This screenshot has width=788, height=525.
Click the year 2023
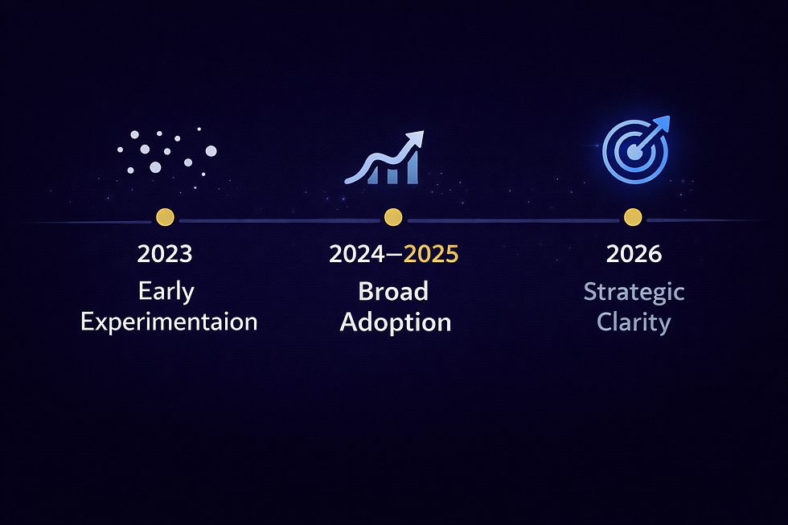pyautogui.click(x=165, y=254)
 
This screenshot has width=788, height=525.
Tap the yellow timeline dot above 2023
pyautogui.click(x=165, y=217)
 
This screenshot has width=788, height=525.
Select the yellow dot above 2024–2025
pyautogui.click(x=393, y=217)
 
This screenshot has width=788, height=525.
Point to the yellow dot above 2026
pyautogui.click(x=633, y=217)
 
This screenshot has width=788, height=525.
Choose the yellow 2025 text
pyautogui.click(x=431, y=254)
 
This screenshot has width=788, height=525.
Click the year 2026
pyautogui.click(x=634, y=254)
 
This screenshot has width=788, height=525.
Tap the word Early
pyautogui.click(x=166, y=291)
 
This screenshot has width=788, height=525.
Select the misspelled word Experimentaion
pyautogui.click(x=169, y=322)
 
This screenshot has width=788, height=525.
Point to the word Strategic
pyautogui.click(x=634, y=291)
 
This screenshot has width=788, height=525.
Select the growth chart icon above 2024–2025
pyautogui.click(x=384, y=158)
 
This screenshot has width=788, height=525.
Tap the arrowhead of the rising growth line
pyautogui.click(x=418, y=139)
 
